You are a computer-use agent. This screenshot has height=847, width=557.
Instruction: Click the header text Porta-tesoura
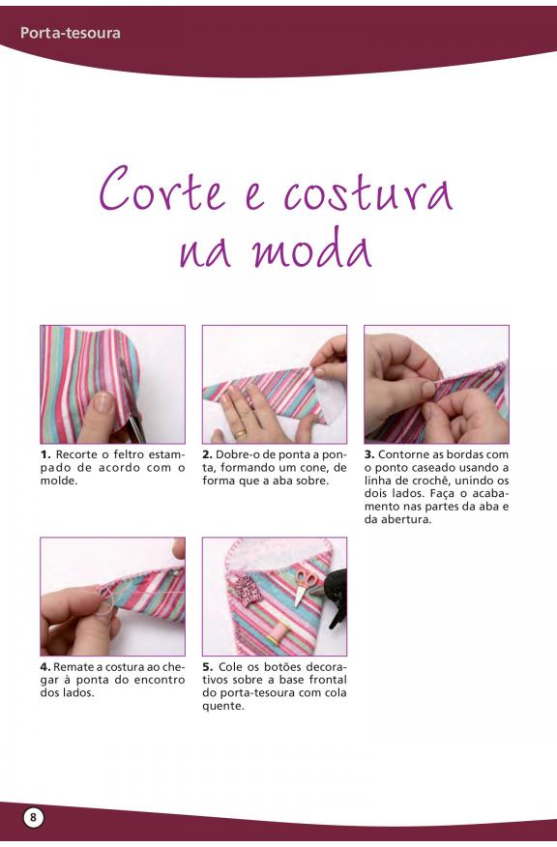coord(71,33)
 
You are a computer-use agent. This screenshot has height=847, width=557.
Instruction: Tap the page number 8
coord(33,817)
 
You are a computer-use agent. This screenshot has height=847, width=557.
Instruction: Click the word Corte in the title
coord(162,190)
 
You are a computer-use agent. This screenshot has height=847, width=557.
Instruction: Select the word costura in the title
coord(367,192)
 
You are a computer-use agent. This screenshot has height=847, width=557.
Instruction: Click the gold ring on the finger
coord(240,432)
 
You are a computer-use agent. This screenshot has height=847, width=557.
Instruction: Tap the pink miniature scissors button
coord(305,586)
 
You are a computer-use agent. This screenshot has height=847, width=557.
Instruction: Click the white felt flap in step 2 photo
coord(330,397)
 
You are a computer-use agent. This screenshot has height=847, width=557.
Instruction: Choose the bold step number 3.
coord(369,454)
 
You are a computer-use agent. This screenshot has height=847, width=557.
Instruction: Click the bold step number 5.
coord(208,667)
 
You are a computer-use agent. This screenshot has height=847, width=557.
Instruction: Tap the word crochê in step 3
coord(444,481)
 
